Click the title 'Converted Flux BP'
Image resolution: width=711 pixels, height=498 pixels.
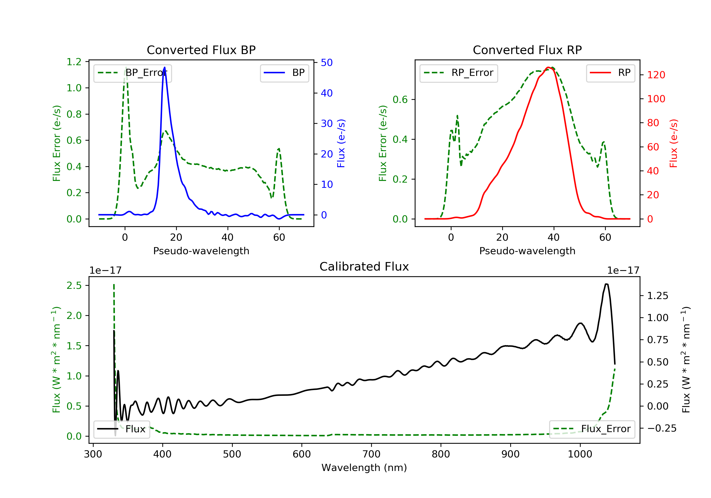coord(201,50)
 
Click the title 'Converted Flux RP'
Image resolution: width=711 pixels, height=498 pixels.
coord(527,50)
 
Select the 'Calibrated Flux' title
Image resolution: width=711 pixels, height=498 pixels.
coord(364,267)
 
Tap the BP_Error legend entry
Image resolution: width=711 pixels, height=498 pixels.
coord(132,73)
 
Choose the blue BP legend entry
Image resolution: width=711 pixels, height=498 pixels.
coord(284,73)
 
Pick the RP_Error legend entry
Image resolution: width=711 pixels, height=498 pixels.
coord(459,73)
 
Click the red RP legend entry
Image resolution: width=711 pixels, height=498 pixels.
coord(610,73)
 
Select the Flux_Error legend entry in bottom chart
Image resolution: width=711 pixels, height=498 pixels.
coord(592,429)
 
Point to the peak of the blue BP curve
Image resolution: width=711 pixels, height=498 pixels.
coord(164,67)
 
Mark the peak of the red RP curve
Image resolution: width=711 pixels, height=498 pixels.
coord(549,67)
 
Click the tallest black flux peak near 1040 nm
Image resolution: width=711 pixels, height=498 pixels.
coord(606,284)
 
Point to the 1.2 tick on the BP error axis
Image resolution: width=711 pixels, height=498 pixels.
coord(74,62)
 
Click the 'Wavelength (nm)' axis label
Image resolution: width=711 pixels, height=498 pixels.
coord(364,468)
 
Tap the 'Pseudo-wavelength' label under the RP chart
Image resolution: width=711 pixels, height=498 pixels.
coord(527,251)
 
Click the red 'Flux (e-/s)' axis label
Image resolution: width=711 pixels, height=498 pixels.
coord(674,143)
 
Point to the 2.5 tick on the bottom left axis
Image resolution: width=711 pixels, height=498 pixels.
coord(74,286)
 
